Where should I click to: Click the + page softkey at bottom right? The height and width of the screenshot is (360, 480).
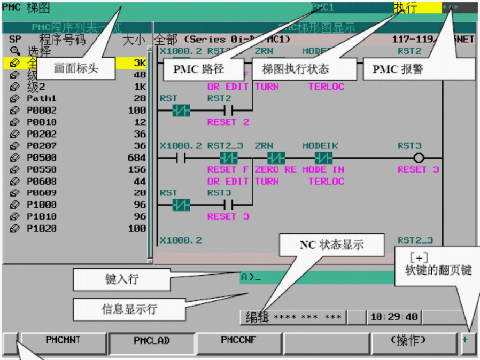click(x=468, y=340)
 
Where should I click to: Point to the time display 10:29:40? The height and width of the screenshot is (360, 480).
click(x=394, y=317)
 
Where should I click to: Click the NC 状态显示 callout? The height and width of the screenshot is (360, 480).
click(x=331, y=245)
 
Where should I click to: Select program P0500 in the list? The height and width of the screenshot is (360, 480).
click(x=42, y=158)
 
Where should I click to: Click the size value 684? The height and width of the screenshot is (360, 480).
click(x=137, y=158)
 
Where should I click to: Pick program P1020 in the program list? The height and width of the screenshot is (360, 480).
click(x=42, y=228)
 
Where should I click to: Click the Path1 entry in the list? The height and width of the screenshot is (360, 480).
click(x=41, y=99)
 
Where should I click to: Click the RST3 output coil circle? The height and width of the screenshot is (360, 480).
click(x=419, y=158)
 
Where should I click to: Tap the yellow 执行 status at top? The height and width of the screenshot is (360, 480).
click(x=417, y=7)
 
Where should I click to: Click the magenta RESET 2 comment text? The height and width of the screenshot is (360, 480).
click(x=228, y=122)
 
